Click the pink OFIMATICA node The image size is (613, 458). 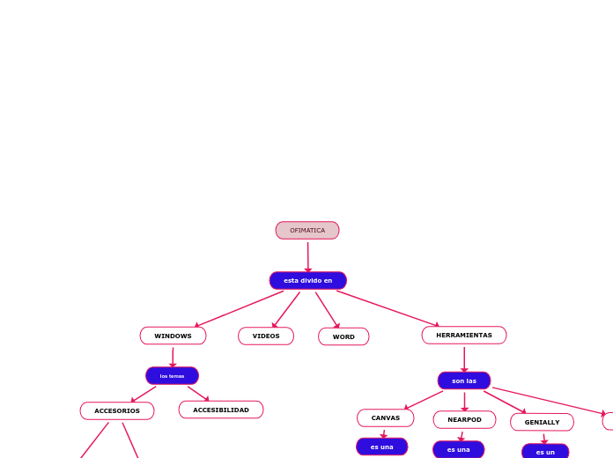(307, 231)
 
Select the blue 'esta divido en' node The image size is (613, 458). (308, 281)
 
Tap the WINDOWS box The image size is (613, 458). (173, 336)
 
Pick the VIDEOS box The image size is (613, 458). (266, 336)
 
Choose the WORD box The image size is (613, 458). (343, 336)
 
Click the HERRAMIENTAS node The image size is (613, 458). (464, 336)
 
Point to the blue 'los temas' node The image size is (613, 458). (172, 376)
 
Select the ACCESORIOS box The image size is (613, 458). (117, 411)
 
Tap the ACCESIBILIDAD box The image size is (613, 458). (221, 410)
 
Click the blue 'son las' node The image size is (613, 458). (464, 380)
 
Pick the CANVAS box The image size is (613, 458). (385, 418)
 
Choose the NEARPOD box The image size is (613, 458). (464, 419)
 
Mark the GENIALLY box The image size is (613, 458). (542, 422)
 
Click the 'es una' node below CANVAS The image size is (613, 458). (382, 447)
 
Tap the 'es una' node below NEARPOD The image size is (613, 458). (458, 449)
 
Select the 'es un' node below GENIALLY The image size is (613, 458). (545, 452)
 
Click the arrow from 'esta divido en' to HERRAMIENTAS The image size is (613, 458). (388, 308)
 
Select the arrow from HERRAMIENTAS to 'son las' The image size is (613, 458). (464, 358)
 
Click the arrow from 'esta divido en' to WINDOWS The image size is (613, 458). (240, 309)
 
